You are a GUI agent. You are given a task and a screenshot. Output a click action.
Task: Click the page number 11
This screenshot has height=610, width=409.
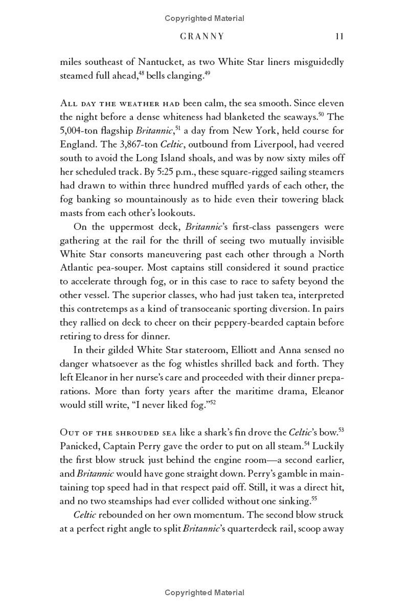click(x=339, y=36)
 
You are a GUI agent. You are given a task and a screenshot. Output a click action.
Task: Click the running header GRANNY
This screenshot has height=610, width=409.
click(x=203, y=36)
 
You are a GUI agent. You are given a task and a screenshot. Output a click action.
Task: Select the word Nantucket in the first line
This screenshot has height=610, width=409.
click(x=160, y=62)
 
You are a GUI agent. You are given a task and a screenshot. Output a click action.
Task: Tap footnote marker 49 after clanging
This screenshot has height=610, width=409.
click(x=207, y=74)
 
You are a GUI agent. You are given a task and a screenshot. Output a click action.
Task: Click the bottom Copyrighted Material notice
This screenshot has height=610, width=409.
click(x=204, y=593)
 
